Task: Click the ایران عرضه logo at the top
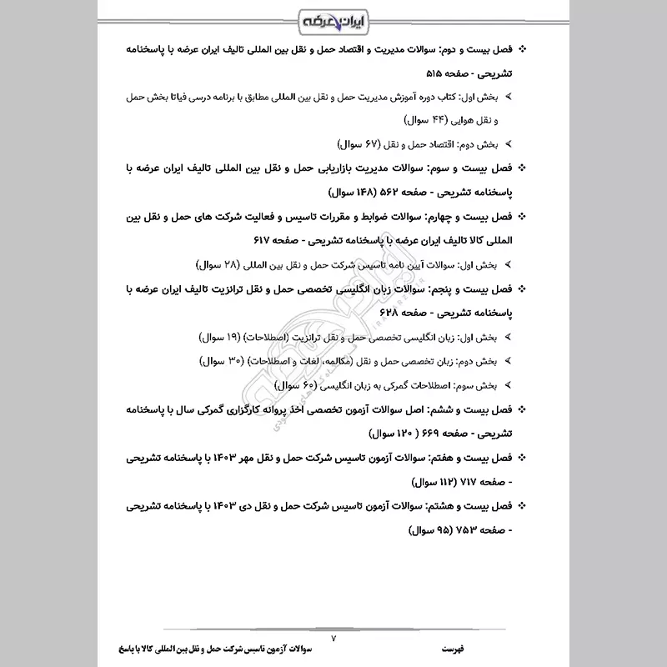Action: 333,18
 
